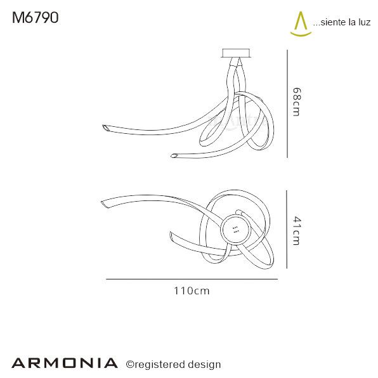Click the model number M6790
coord(36,18)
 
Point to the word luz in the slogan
coord(363,23)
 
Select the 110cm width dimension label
coord(192,291)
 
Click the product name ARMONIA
coord(65,363)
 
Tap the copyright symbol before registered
coord(129,364)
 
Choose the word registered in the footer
coord(160,364)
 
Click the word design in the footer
coord(204,364)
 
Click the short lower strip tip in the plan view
coord(173,237)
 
